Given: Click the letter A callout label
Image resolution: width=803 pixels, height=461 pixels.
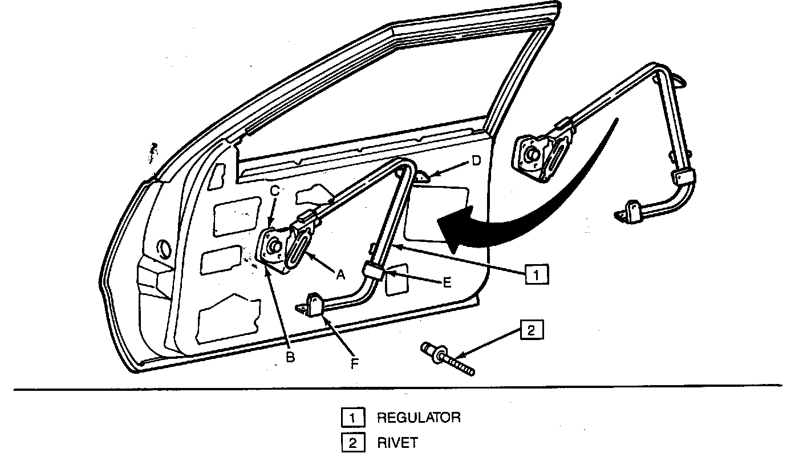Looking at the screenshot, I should pyautogui.click(x=340, y=274).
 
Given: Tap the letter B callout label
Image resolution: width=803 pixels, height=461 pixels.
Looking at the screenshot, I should pyautogui.click(x=290, y=357).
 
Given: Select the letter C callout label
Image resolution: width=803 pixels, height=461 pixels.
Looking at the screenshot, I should pyautogui.click(x=274, y=192).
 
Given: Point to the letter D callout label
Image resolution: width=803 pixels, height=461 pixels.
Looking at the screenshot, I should pyautogui.click(x=476, y=161).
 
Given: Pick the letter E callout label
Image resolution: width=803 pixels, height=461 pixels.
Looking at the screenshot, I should pyautogui.click(x=447, y=282).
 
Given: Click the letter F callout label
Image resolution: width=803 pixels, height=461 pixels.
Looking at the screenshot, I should pyautogui.click(x=354, y=364).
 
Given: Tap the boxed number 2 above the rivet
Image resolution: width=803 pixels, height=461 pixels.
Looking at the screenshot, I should pyautogui.click(x=531, y=331).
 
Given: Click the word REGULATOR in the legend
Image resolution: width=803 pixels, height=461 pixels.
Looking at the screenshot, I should pyautogui.click(x=419, y=418).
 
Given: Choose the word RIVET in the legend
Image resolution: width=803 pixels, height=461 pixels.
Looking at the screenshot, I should pyautogui.click(x=398, y=443).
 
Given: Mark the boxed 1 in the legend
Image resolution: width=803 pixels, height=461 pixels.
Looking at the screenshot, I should pyautogui.click(x=352, y=418).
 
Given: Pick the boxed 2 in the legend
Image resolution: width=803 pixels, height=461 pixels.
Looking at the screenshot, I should pyautogui.click(x=352, y=443).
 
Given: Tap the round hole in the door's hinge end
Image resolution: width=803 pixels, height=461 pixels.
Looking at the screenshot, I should pyautogui.click(x=163, y=249).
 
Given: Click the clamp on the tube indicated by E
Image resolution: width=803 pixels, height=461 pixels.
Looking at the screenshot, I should pyautogui.click(x=374, y=269).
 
